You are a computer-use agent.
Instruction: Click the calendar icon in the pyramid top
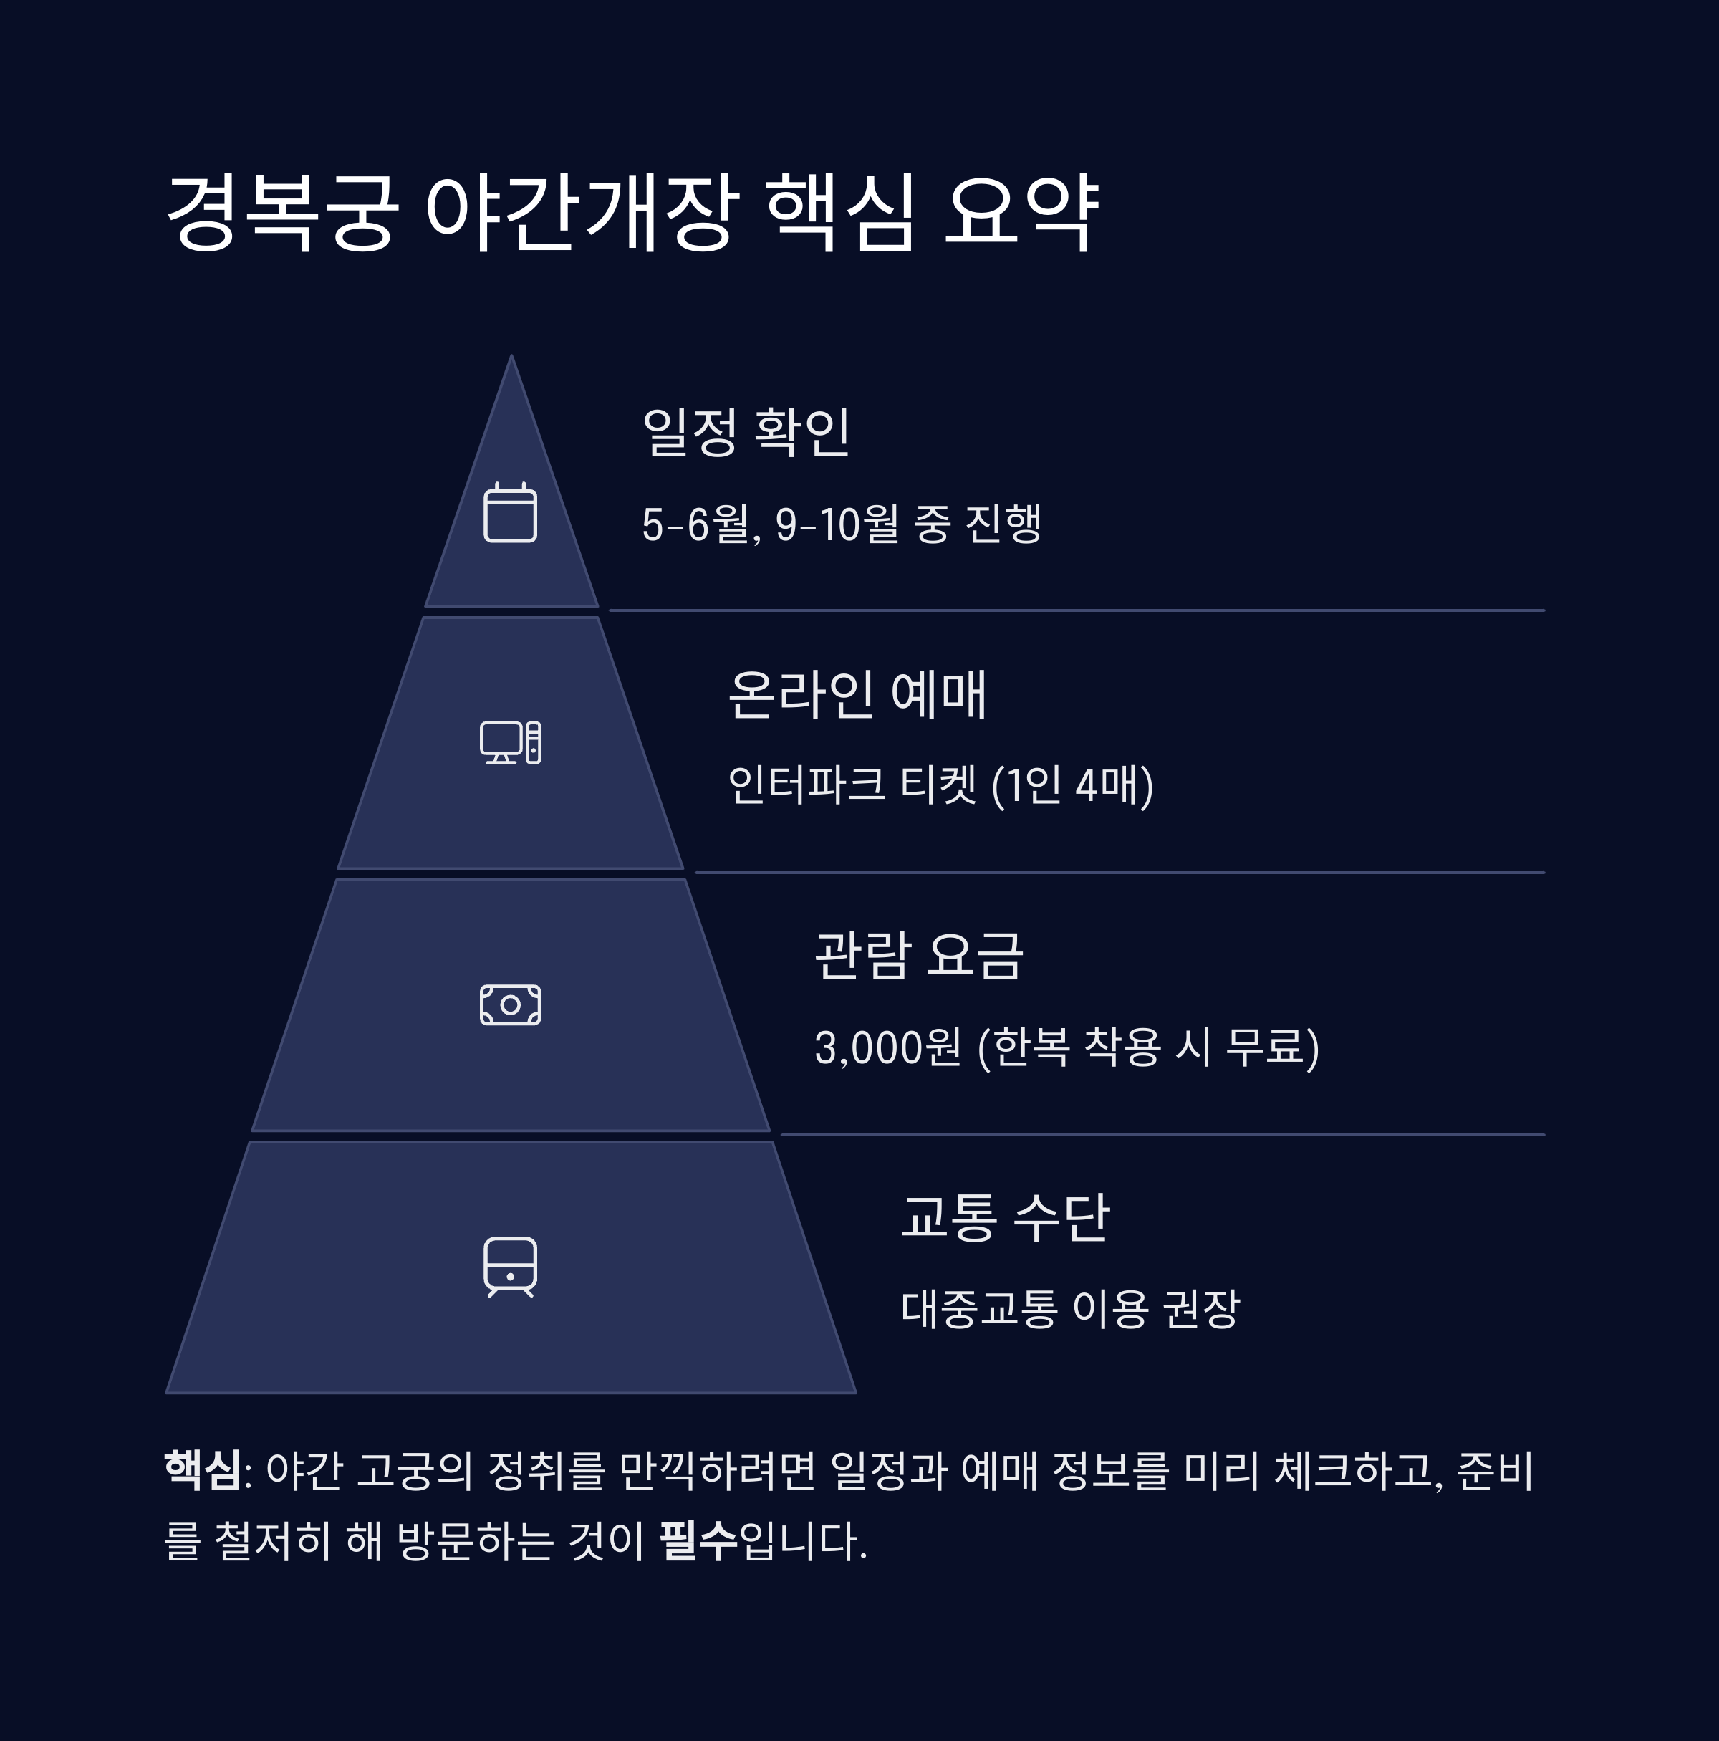tap(510, 513)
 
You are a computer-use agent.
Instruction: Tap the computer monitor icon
tap(510, 742)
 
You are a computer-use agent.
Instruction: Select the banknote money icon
tap(510, 1004)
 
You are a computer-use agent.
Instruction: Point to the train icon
tap(510, 1267)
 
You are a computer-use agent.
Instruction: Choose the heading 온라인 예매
tap(857, 695)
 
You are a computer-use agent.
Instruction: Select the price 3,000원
tap(887, 1048)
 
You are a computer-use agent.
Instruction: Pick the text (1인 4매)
tap(1072, 786)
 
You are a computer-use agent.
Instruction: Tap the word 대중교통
tap(979, 1310)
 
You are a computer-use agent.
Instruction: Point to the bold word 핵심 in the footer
tap(203, 1472)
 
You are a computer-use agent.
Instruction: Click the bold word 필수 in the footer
tap(698, 1542)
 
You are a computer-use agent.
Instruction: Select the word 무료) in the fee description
tap(1272, 1048)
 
